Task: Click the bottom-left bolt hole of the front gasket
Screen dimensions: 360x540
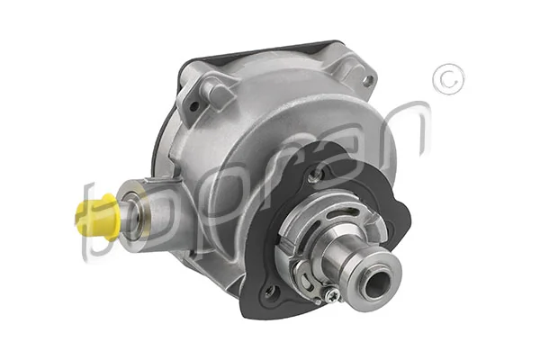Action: click(x=266, y=289)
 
